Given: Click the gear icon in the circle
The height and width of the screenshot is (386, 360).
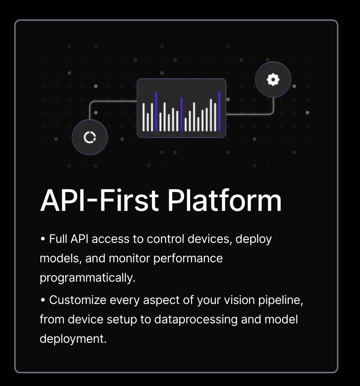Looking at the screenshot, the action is pos(273,80).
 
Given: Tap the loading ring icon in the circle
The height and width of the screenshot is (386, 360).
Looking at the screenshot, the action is pos(90,137).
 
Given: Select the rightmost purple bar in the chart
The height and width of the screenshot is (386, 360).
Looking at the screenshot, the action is pos(220,111).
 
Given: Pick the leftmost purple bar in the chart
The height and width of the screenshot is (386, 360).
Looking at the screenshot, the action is pos(156,111).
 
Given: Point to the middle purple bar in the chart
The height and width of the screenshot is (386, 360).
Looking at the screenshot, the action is pos(181,114).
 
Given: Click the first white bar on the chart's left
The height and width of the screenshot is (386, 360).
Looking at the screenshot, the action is pos(143,117).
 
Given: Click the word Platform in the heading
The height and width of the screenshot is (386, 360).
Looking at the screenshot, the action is pos(224,200).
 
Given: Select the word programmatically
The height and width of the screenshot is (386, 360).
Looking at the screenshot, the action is pos(88,278).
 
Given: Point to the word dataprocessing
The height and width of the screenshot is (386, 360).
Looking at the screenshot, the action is pos(196,320).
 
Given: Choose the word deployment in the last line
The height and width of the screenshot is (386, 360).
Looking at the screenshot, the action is pos(73,339).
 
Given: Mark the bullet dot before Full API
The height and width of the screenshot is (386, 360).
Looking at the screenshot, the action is pos(43,239).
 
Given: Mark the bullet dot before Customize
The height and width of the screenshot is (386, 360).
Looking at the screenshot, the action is pos(43,300).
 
